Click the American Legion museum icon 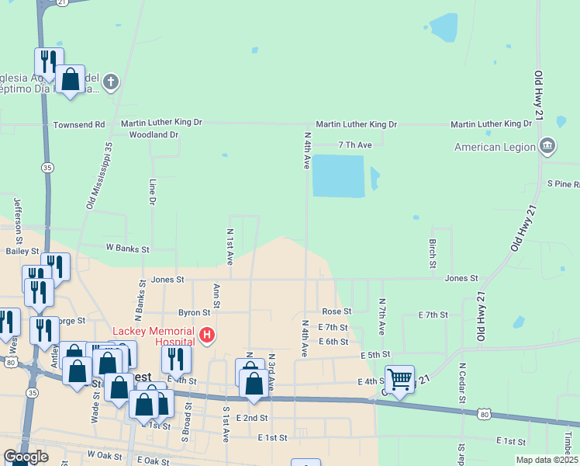coord(547,145)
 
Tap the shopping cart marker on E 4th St coord(399,380)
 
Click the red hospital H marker coord(207,336)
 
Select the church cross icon coord(111,81)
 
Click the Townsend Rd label coord(78,124)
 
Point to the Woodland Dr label coord(154,134)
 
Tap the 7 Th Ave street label coord(355,145)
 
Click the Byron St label coord(195,312)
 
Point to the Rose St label coord(337,311)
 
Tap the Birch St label coord(433,249)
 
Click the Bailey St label coord(22,251)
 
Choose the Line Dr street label coord(153,192)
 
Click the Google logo coord(26,457)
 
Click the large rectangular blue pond coord(338,176)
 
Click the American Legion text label coord(495,147)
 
